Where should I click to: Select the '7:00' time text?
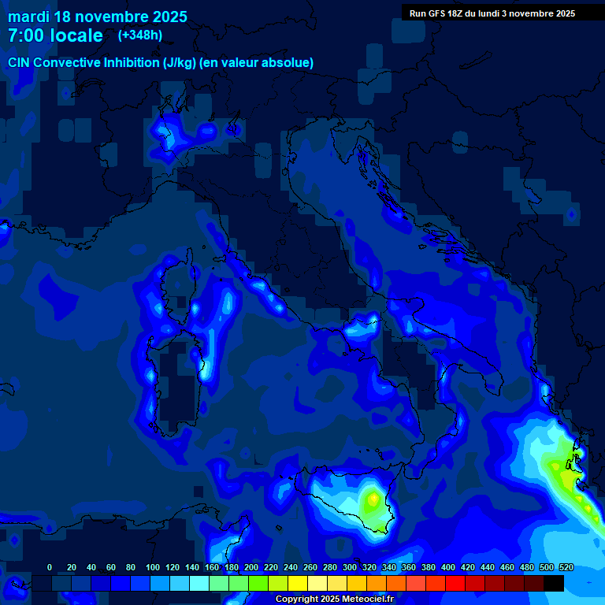click(x=26, y=35)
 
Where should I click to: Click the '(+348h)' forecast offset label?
click(x=140, y=35)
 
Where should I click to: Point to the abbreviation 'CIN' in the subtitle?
click(x=20, y=63)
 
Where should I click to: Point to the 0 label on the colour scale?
click(x=50, y=568)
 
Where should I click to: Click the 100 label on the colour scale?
click(x=152, y=568)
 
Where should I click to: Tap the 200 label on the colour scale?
click(x=251, y=568)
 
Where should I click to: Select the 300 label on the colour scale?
click(x=349, y=568)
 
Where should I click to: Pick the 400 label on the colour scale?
click(x=447, y=568)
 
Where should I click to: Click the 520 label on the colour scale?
click(x=566, y=568)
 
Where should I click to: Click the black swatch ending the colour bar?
click(x=554, y=583)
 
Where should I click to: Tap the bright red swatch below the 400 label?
click(x=455, y=583)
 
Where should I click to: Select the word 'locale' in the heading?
click(x=76, y=35)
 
